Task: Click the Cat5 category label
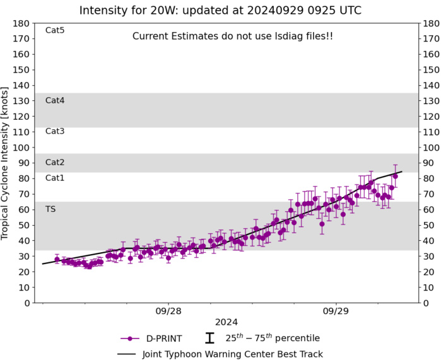[55, 30]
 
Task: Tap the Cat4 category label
[55, 100]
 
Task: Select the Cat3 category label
[55, 131]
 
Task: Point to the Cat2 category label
[55, 162]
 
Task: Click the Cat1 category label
[55, 178]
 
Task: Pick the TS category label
[50, 209]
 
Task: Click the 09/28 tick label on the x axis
[168, 311]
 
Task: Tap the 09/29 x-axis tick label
[336, 311]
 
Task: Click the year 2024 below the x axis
[226, 322]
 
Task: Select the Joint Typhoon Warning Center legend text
[233, 354]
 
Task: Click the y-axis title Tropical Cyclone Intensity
[6, 163]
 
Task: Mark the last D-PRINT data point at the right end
[395, 176]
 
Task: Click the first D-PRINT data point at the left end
[57, 259]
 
